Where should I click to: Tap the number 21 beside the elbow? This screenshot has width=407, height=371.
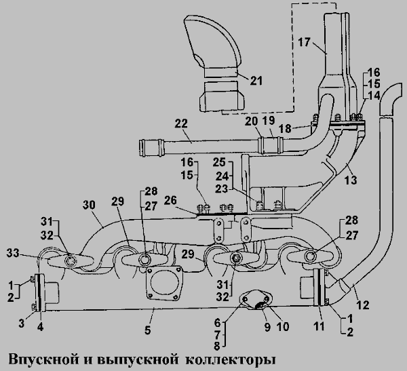tap(256, 81)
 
